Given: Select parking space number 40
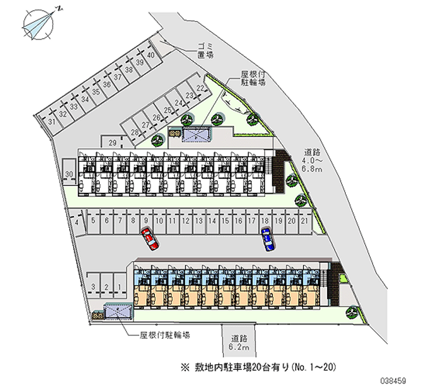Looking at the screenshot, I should [151, 55].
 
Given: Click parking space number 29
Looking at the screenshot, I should [112, 142].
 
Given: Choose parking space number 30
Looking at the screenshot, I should [69, 175].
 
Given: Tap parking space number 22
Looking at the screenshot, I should [200, 88].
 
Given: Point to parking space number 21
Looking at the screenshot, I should [304, 220].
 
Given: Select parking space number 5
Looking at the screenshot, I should [93, 220].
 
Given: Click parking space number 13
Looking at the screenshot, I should [197, 220].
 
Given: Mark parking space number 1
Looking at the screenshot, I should [120, 288].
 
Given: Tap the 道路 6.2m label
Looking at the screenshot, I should [239, 342].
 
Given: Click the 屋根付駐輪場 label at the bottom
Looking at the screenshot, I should [164, 336].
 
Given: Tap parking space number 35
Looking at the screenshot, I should [96, 92].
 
